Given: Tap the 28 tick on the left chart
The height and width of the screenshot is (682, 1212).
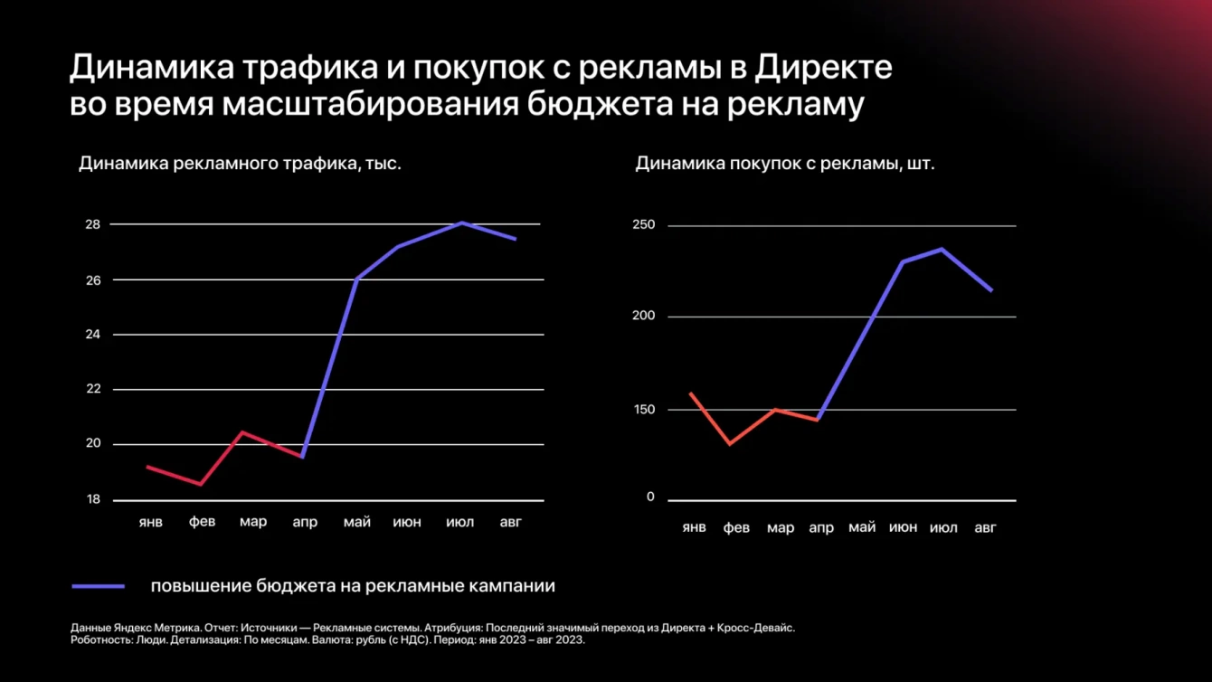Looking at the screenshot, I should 93,224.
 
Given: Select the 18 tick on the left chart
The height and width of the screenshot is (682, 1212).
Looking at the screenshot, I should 93,499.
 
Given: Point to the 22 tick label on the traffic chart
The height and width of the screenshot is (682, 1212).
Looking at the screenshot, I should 93,389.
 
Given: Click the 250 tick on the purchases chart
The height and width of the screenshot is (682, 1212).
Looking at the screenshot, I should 643,225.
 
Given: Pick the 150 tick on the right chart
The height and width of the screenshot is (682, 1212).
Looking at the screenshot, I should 643,409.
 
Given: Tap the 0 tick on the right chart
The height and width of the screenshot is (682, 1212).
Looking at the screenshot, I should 649,497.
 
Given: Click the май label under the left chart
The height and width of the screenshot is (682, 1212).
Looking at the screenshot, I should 356,522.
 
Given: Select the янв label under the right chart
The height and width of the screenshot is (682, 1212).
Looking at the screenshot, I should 694,526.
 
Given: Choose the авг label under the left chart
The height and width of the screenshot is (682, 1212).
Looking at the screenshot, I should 510,522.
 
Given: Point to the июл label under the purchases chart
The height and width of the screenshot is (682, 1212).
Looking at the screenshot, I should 943,526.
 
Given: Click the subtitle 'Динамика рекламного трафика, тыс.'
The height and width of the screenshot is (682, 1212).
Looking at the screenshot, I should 240,165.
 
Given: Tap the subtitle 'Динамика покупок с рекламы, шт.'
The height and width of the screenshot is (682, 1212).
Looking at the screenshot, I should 785,165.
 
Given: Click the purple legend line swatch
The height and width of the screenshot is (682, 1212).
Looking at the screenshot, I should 99,586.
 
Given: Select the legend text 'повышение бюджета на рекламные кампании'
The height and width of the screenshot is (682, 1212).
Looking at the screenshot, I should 353,586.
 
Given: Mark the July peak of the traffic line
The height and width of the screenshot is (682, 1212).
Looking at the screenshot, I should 462,223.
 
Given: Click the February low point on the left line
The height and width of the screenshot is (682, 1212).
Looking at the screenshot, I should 201,484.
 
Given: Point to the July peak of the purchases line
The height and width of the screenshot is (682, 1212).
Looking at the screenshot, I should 942,249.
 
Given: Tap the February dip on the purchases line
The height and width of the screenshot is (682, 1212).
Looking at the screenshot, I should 730,444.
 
